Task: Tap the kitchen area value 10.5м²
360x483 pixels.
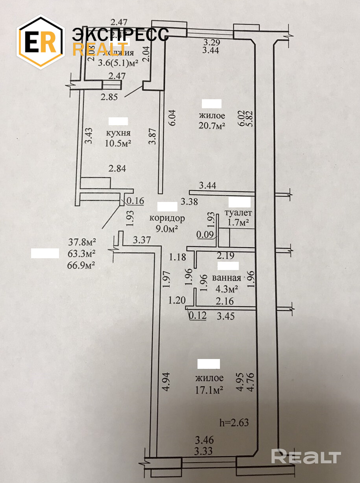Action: pyautogui.click(x=118, y=143)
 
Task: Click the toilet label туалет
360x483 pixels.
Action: pyautogui.click(x=238, y=213)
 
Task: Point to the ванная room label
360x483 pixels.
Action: pyautogui.click(x=226, y=278)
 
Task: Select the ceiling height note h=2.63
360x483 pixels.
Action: pyautogui.click(x=234, y=423)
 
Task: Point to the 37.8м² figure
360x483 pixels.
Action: pyautogui.click(x=82, y=241)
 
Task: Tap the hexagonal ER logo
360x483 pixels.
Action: pyautogui.click(x=41, y=42)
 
